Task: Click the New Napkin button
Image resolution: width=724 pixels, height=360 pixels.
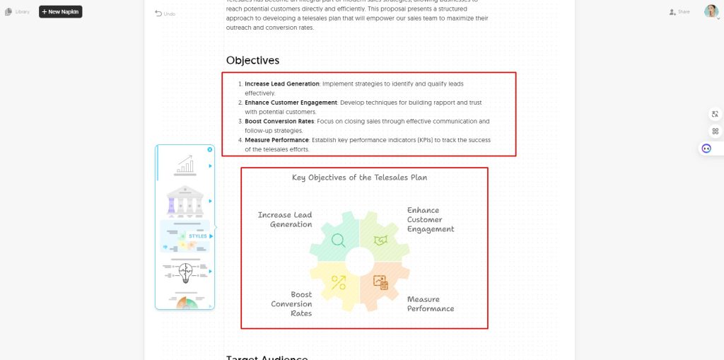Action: pos(60,12)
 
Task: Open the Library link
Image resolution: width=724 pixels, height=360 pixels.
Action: pos(18,12)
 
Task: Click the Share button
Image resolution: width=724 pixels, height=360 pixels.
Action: pos(679,12)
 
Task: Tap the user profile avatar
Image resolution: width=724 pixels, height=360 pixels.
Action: pos(711,11)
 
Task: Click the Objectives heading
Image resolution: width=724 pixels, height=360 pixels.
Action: pos(252,60)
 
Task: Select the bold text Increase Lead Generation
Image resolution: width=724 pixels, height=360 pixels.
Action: pos(282,84)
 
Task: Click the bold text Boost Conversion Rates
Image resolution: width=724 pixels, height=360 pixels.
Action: pos(279,122)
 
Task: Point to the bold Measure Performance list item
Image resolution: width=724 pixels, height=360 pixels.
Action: pos(276,140)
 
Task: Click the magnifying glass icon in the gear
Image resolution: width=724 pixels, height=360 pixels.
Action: pos(339,240)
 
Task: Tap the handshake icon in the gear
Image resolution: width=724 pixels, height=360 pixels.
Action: pos(380,240)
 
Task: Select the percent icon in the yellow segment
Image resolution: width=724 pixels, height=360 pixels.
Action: pos(339,282)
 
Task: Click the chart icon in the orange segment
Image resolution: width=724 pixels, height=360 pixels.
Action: pos(381,282)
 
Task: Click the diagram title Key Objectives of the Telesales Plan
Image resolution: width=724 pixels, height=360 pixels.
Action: pos(359,178)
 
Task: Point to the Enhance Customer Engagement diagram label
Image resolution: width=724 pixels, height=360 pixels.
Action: pos(430,220)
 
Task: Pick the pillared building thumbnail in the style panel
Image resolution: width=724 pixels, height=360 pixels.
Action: pos(185,202)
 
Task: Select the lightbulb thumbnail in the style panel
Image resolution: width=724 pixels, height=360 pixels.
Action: pos(185,271)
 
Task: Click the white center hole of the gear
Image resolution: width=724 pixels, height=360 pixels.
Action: pos(359,261)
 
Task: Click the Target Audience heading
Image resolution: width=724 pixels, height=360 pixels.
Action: pos(267,357)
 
